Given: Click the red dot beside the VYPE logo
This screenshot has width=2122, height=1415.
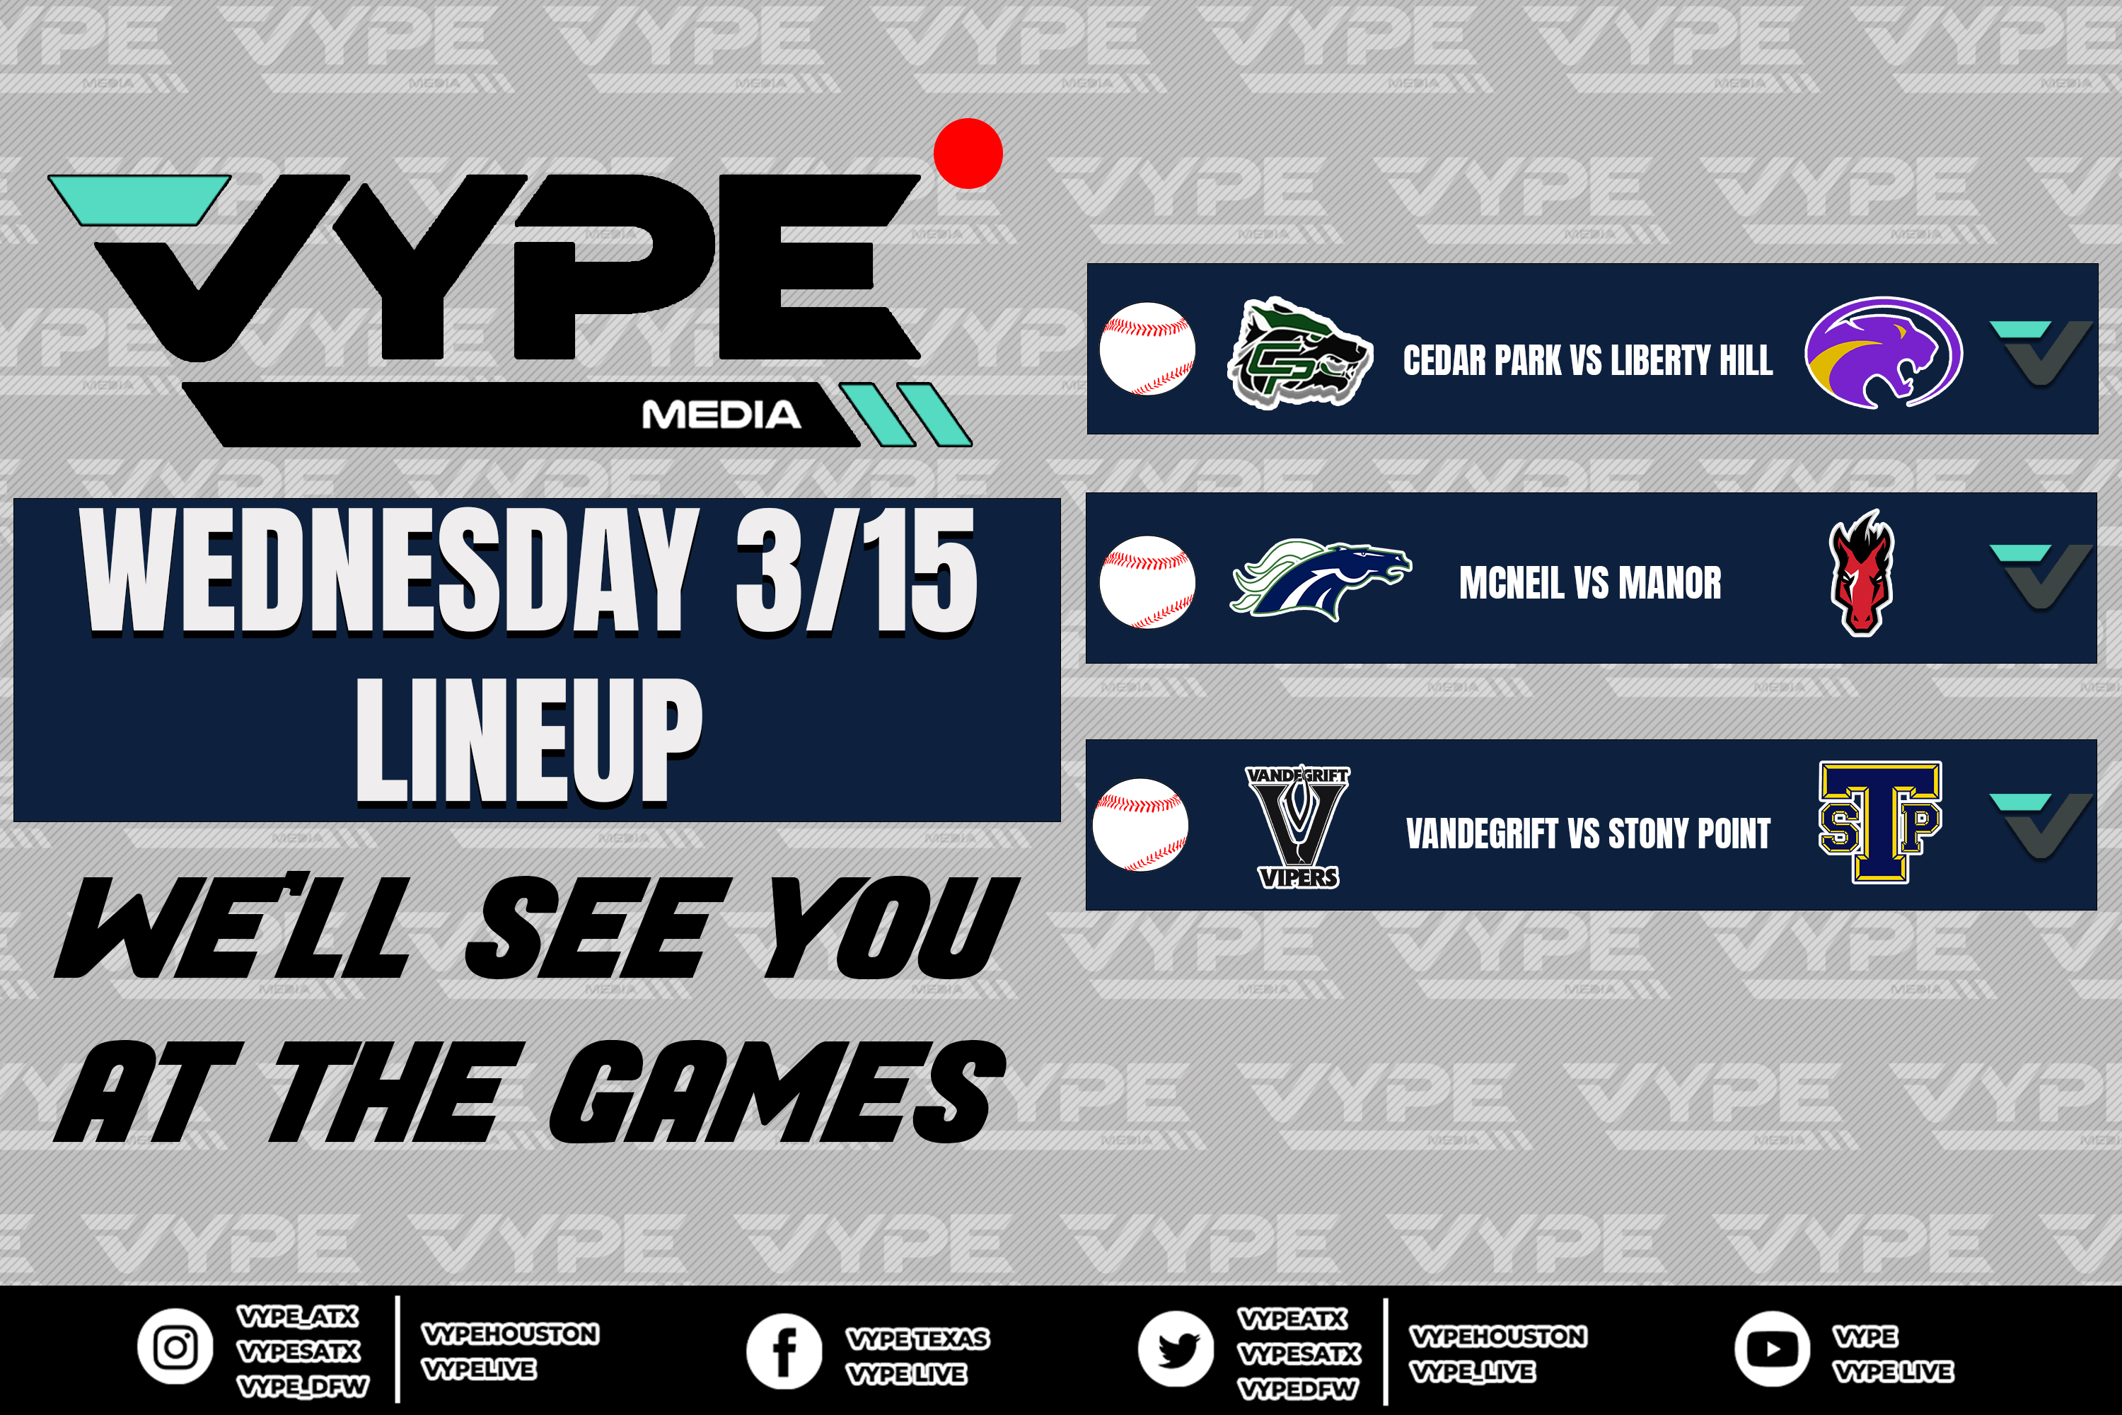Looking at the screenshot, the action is click(x=968, y=154).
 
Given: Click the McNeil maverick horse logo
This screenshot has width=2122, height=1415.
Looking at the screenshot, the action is click(x=1321, y=579).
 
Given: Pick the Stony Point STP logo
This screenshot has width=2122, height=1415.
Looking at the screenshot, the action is click(x=1880, y=821).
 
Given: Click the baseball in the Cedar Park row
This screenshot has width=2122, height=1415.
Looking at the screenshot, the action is click(x=1147, y=350).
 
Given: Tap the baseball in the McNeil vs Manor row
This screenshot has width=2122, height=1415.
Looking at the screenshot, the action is click(x=1147, y=582).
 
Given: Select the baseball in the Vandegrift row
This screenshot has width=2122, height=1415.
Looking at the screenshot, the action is click(x=1140, y=825).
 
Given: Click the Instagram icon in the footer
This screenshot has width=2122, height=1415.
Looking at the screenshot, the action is click(x=175, y=1347).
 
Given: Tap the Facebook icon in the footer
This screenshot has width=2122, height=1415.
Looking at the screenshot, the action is click(x=784, y=1351).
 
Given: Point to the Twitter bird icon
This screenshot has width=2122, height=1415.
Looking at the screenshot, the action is click(x=1176, y=1349).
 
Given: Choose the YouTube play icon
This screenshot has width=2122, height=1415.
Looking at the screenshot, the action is click(x=1772, y=1349).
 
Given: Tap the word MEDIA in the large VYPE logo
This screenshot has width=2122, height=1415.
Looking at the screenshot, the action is click(x=721, y=415).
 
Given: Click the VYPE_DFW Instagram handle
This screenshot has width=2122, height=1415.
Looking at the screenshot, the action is click(x=302, y=1386).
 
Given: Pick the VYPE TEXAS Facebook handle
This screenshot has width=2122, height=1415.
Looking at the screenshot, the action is click(x=917, y=1339).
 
